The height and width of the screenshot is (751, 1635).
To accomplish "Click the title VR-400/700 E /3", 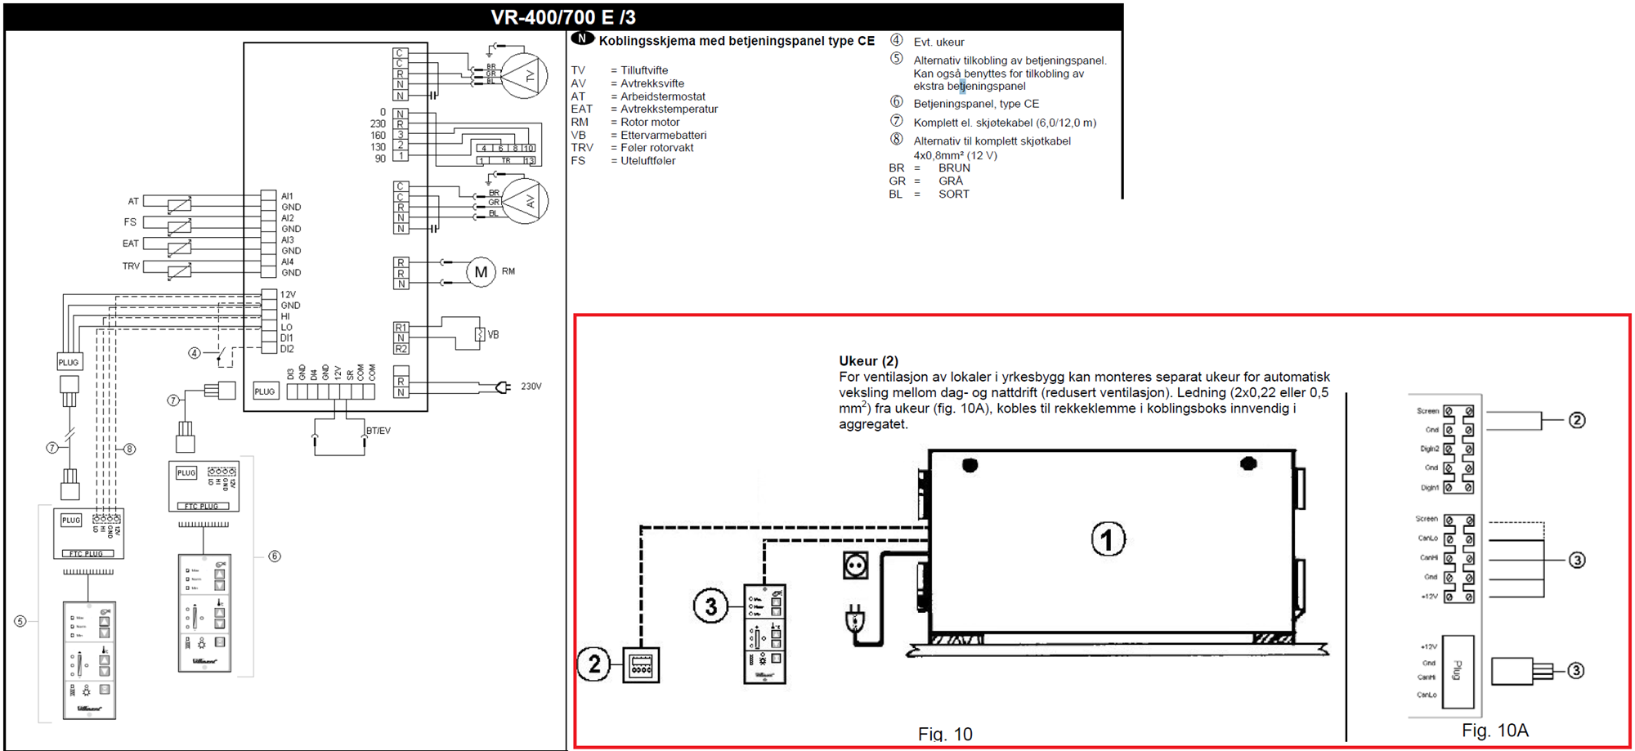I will (562, 17).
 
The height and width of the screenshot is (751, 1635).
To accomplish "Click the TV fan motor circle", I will (524, 76).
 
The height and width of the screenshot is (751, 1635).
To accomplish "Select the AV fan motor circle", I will (524, 201).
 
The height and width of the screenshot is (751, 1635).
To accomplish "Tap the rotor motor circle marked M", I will (481, 272).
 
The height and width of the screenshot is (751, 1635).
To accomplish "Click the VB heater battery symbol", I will (480, 334).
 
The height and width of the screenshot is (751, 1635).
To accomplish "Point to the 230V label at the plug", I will (531, 387).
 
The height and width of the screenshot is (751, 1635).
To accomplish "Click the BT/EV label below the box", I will (379, 431).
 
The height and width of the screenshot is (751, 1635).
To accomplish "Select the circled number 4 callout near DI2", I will (195, 354).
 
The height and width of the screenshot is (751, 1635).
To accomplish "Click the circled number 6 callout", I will (275, 557).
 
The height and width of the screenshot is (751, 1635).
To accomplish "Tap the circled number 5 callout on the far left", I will (20, 621).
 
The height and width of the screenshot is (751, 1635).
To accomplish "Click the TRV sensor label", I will (131, 266).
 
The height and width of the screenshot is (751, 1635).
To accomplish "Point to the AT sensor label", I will (133, 201).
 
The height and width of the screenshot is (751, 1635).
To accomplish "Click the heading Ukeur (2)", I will (868, 361).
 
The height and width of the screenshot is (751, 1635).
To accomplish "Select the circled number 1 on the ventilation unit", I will (1108, 539).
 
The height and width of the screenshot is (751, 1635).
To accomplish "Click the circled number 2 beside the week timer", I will (594, 664).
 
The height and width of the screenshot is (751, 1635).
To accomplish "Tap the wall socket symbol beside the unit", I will (855, 565).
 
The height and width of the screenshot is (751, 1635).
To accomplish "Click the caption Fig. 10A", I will (1494, 731).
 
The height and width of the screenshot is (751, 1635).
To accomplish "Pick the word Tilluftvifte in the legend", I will (644, 70).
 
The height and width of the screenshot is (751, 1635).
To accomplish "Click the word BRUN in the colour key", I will (954, 168).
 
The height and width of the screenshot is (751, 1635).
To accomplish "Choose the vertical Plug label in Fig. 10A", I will (1457, 671).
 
